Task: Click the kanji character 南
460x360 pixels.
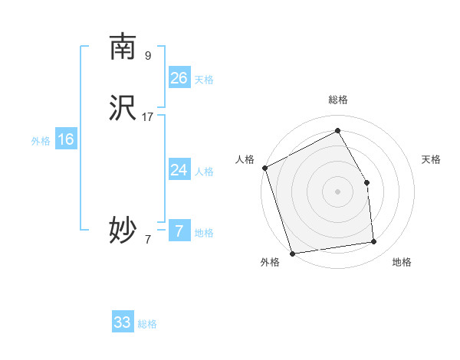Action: click(123, 47)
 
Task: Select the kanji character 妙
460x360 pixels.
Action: click(123, 229)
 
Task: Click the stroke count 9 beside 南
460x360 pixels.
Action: click(148, 55)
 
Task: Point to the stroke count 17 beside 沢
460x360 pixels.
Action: click(148, 117)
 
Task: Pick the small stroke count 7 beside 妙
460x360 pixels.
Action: click(148, 239)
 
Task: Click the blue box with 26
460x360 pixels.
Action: click(179, 78)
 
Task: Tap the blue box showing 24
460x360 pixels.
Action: click(179, 170)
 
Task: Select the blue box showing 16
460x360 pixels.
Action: click(66, 139)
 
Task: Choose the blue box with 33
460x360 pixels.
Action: click(123, 322)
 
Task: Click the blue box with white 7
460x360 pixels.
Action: click(179, 231)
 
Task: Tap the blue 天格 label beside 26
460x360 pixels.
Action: click(204, 80)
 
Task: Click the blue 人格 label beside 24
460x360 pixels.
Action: click(204, 172)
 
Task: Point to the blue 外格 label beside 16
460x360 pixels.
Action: click(41, 141)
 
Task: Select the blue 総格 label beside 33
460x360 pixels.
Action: click(147, 324)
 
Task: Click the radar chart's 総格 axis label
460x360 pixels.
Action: click(338, 100)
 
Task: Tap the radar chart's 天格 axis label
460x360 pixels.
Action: click(431, 159)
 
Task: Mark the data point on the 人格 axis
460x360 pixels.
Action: click(264, 168)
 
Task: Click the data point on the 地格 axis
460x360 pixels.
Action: click(374, 242)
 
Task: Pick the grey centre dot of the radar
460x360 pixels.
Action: click(338, 191)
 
